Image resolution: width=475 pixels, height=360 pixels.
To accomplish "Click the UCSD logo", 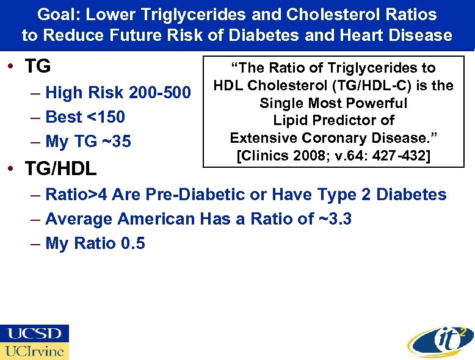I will [34, 333].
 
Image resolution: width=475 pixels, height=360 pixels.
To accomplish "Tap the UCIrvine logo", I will [34, 351].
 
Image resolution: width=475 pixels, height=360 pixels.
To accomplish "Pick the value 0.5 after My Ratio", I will [133, 243].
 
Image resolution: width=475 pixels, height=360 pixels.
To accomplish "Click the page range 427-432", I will [401, 156].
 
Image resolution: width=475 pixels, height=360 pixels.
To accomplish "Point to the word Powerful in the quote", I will [379, 103].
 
